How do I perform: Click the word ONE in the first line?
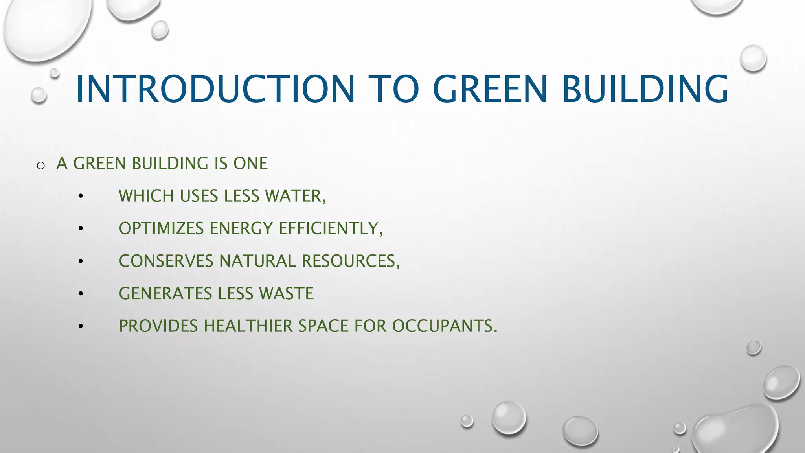(250, 163)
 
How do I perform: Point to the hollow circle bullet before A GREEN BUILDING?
(40, 166)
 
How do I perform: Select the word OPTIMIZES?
(161, 228)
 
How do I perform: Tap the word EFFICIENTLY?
(330, 228)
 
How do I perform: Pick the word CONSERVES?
(166, 261)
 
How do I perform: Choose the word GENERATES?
(165, 294)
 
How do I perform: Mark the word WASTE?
(286, 294)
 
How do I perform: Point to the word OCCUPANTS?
(444, 326)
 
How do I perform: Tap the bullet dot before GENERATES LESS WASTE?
(81, 294)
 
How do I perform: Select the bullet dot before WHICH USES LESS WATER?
(81, 196)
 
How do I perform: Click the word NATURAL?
(257, 261)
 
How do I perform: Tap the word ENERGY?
(241, 228)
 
